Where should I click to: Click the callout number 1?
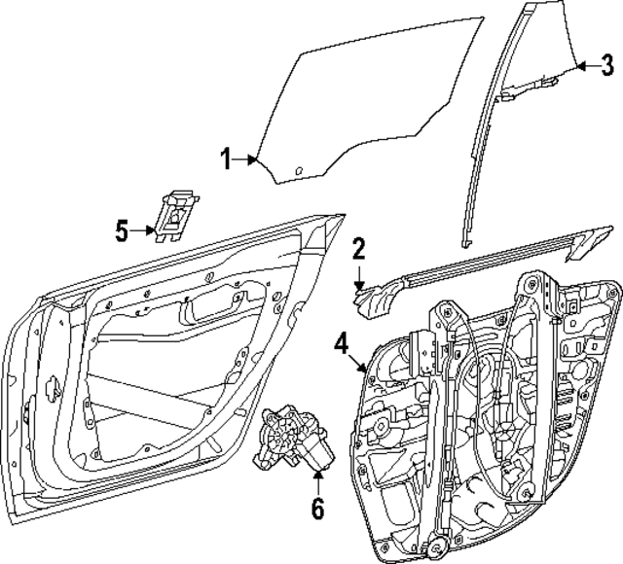(226, 159)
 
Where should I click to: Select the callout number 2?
(358, 249)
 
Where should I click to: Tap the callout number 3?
(606, 66)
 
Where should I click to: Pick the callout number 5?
(123, 230)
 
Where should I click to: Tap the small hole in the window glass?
(300, 173)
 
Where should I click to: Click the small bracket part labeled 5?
(175, 214)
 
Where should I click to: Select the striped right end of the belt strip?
(587, 243)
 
